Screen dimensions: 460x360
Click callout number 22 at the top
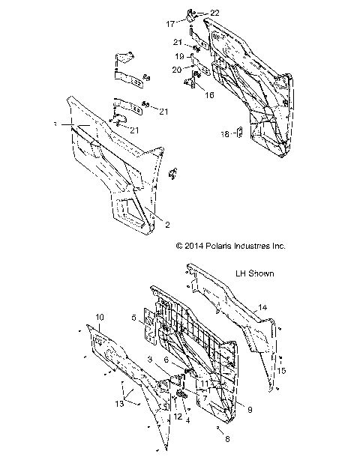(193, 13)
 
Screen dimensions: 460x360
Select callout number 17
(169, 23)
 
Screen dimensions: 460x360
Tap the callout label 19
(180, 56)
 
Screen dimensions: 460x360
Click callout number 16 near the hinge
(209, 95)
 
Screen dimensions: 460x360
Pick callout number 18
(224, 135)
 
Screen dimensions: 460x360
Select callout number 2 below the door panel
(168, 224)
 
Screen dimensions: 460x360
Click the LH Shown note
(254, 274)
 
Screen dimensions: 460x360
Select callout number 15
(282, 370)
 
